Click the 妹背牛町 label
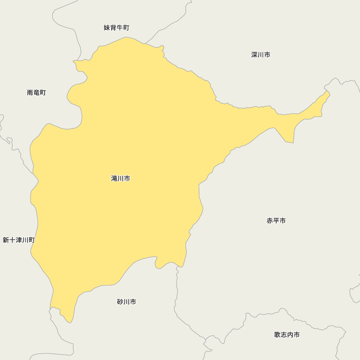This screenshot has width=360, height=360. pos(116,28)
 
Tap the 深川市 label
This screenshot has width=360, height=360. pos(261,55)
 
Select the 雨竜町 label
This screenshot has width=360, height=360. pos(36,93)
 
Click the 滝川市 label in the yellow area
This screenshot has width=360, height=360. pos(121,178)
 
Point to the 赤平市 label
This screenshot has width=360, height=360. pos(276,221)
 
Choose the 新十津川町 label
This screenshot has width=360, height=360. pos(19,240)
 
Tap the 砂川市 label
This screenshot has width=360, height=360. pos(126,302)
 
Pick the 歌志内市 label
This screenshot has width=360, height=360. pos(287,335)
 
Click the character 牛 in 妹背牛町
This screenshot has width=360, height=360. pos(120,28)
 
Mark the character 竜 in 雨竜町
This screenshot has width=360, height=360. pos(36,93)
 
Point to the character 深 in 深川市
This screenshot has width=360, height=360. pos(255,55)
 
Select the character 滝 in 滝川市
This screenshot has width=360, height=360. pos(114,178)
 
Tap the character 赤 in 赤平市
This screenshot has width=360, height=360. pos(270,221)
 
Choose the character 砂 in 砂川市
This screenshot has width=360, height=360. pos(120,302)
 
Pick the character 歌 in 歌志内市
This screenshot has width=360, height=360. pos(277,335)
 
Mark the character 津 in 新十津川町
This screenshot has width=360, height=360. pos(19,240)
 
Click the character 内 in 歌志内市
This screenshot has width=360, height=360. pos(290,335)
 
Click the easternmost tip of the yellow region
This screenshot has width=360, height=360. pos(330,95)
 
